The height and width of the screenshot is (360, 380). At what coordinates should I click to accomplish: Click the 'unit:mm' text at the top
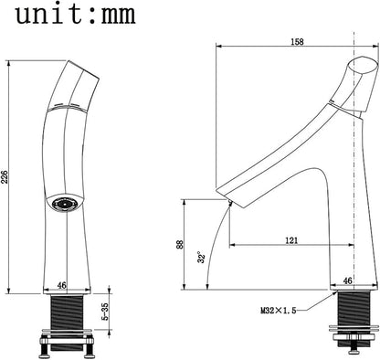pyautogui.click(x=76, y=14)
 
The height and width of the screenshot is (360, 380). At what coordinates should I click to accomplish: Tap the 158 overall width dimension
pyautogui.click(x=297, y=42)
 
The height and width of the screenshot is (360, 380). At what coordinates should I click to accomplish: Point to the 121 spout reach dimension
pyautogui.click(x=291, y=240)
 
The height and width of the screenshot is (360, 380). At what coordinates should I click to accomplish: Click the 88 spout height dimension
pyautogui.click(x=180, y=244)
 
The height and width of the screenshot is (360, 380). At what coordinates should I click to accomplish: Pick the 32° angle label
pyautogui.click(x=201, y=257)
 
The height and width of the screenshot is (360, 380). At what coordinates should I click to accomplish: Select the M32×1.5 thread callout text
pyautogui.click(x=279, y=311)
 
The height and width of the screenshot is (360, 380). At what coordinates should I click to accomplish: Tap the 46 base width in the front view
pyautogui.click(x=62, y=285)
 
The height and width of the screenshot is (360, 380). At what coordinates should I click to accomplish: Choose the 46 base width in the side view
pyautogui.click(x=347, y=281)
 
